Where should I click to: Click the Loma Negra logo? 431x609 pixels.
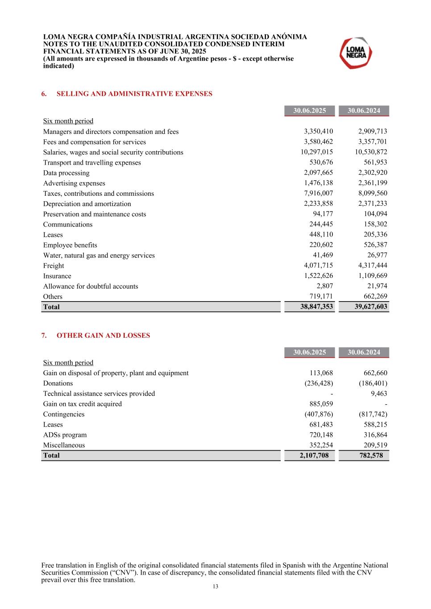(x=356, y=53)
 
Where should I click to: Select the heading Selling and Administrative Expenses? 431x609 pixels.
(x=134, y=94)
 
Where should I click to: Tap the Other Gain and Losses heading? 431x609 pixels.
(x=103, y=336)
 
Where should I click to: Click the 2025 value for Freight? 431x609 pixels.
(x=318, y=265)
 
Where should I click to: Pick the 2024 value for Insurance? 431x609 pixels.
(x=373, y=276)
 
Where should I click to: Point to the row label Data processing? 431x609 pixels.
(x=66, y=173)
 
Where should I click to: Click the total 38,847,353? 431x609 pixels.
(x=316, y=307)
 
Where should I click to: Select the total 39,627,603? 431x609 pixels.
(x=371, y=307)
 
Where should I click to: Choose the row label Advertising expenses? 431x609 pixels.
(x=74, y=183)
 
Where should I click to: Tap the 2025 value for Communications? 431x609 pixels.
(x=321, y=224)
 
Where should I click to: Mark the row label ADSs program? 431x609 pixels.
(x=65, y=435)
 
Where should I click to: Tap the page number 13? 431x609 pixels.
(x=215, y=587)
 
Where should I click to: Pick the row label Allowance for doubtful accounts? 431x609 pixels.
(x=91, y=286)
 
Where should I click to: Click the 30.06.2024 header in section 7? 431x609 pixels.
(x=364, y=352)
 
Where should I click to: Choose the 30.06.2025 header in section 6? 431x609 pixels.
(x=309, y=111)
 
